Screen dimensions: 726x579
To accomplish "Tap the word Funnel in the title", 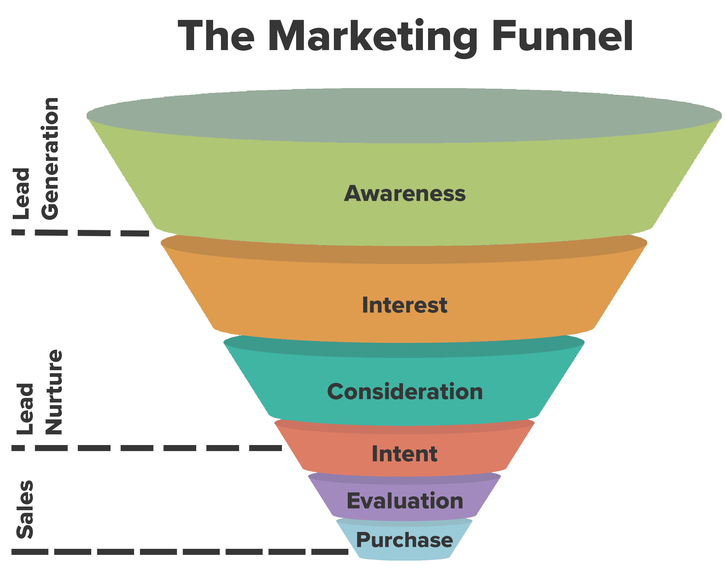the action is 562,36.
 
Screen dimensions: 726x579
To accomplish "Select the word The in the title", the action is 216,36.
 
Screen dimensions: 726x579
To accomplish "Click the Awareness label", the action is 405,194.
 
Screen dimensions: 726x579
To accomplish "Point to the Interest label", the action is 405,305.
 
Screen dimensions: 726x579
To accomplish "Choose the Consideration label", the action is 405,392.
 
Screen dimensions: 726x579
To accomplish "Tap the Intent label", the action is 405,454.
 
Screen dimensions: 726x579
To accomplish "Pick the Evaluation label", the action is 405,501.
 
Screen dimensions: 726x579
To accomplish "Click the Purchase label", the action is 405,540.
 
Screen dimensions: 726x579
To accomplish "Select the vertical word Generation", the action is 50,158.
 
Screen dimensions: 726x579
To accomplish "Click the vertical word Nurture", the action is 54,392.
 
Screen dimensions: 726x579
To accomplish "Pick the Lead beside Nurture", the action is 25,409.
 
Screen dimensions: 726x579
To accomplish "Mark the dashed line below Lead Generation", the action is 94,233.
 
